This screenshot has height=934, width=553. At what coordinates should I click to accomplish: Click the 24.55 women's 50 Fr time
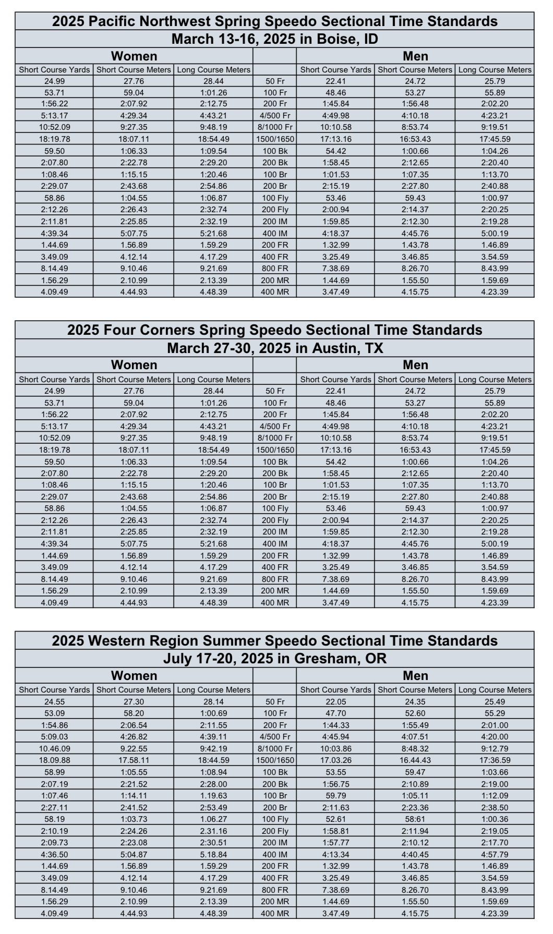click(54, 702)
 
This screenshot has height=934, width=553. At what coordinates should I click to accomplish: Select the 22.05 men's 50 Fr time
click(335, 702)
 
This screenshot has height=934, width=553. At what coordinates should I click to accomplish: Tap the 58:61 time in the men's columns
click(415, 819)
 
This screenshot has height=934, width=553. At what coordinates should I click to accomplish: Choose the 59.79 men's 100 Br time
click(335, 796)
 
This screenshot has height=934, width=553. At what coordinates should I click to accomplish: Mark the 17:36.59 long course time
click(495, 760)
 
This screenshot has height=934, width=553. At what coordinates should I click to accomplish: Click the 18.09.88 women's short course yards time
click(54, 760)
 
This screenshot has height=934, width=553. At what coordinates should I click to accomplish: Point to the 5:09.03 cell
click(54, 737)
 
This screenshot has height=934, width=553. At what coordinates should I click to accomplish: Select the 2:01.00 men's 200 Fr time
click(495, 725)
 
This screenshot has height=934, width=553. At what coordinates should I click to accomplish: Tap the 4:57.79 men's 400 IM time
click(495, 855)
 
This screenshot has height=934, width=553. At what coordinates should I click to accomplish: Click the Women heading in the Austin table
click(134, 365)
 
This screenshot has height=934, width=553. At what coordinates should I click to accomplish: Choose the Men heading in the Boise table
click(415, 56)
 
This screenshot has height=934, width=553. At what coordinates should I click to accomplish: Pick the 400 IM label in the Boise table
click(274, 233)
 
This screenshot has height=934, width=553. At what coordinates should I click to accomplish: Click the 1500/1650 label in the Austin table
click(275, 450)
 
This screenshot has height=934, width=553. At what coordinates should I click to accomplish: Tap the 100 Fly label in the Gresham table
click(274, 819)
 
